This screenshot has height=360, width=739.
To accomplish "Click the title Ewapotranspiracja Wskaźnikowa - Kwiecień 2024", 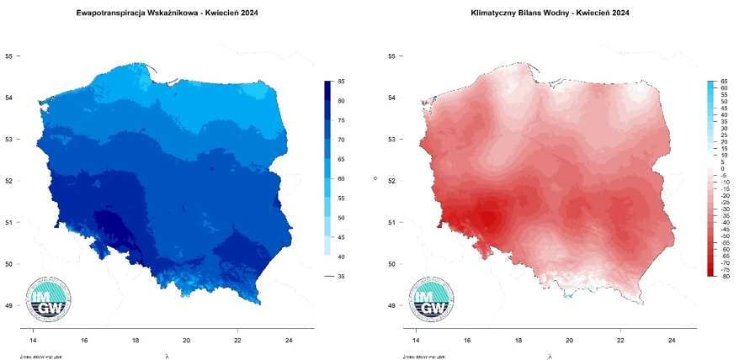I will click(167, 13).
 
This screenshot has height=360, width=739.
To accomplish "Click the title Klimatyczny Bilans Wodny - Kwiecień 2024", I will click(550, 13).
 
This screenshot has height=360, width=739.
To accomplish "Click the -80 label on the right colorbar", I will click(724, 276).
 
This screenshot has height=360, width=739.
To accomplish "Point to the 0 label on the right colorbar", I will click(722, 168).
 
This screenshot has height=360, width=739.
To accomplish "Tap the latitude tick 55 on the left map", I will click(9, 56).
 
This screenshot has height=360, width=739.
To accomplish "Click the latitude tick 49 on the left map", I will click(9, 305).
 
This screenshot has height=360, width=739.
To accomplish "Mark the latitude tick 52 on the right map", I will click(391, 181).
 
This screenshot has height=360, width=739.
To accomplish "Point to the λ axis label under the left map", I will click(167, 356).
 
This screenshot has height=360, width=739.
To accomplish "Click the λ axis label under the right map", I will click(550, 356).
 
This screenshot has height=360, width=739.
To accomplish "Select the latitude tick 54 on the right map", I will click(391, 98).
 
